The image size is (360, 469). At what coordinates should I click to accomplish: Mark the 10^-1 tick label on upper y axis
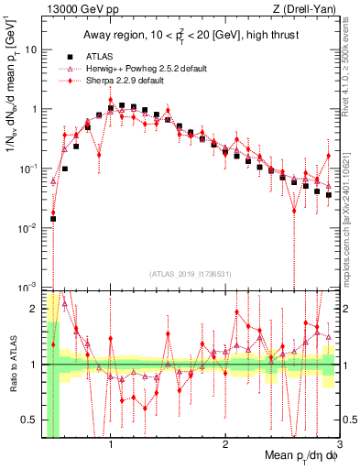coord(28,168)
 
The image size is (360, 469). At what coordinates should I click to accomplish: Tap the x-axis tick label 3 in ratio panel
coord(338,446)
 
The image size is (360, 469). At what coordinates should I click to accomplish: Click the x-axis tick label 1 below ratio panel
coord(111,446)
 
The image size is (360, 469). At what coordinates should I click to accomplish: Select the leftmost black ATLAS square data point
coord(53,219)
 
